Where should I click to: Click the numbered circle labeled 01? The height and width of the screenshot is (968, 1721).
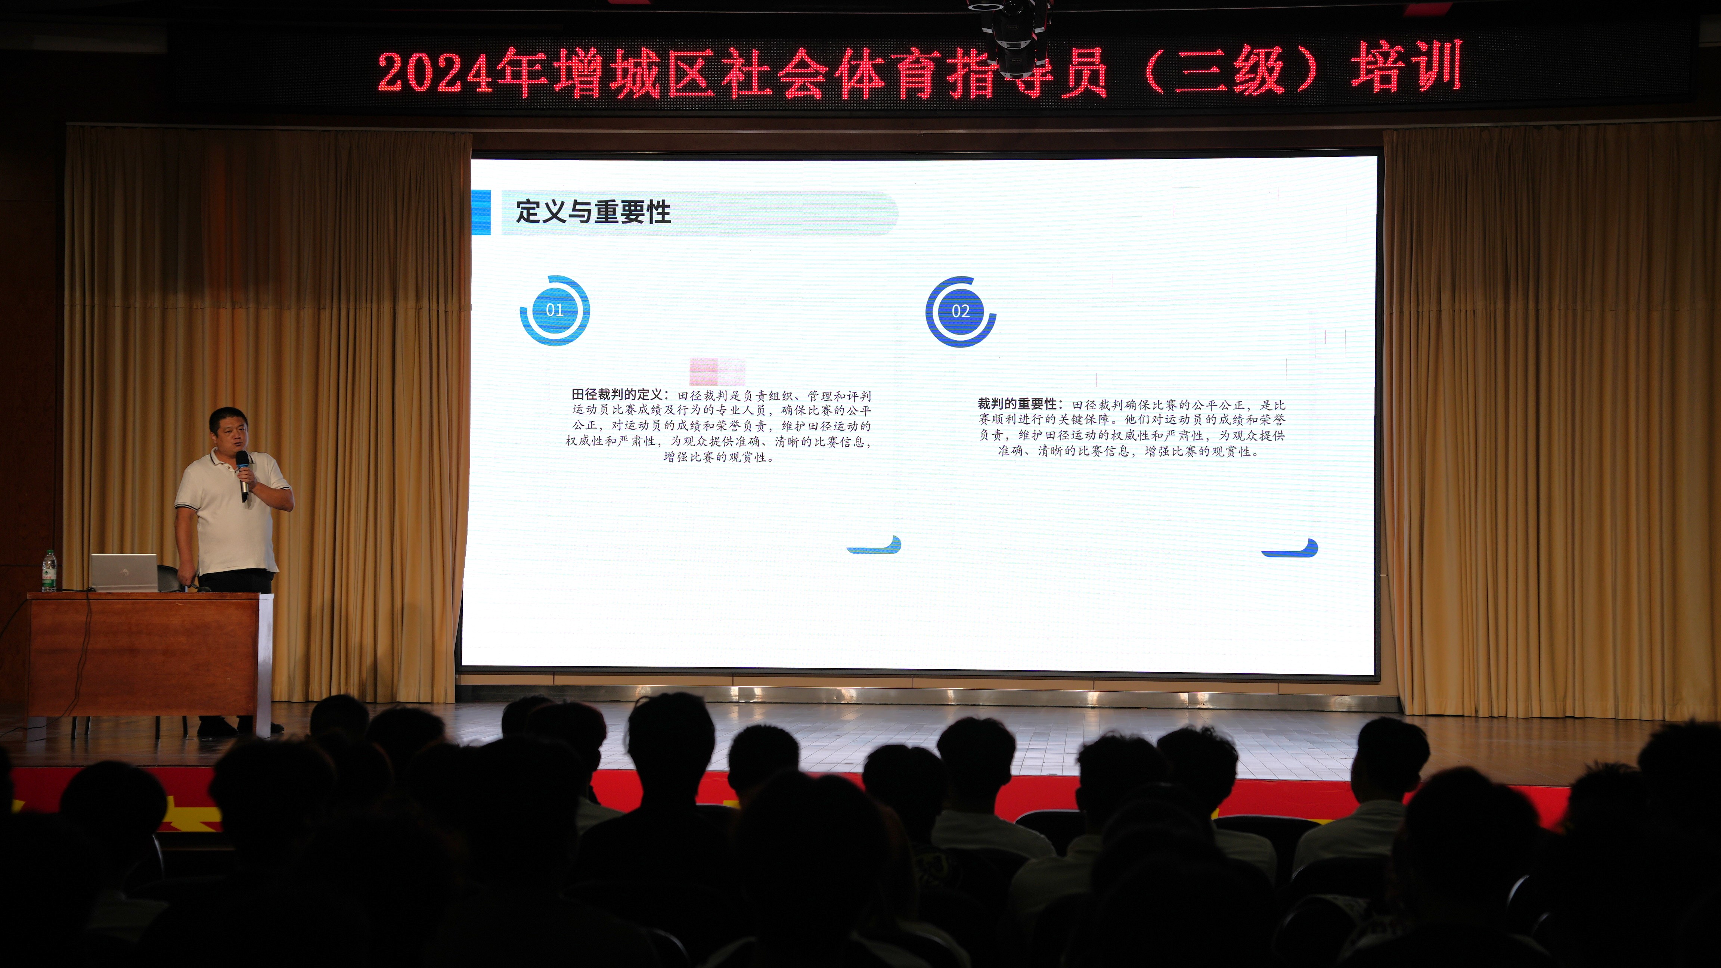pos(555,310)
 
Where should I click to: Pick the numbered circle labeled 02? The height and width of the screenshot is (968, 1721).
pos(960,311)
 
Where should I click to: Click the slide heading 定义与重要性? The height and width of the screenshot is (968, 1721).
pos(593,212)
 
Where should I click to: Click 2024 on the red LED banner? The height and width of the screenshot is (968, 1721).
pos(434,72)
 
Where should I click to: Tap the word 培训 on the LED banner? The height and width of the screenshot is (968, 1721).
pos(1406,67)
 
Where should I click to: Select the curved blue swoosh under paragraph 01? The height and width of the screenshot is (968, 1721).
pos(875,546)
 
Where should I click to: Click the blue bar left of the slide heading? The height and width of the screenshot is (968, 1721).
pos(481,212)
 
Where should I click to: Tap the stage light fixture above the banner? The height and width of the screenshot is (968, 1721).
pos(1009,30)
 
